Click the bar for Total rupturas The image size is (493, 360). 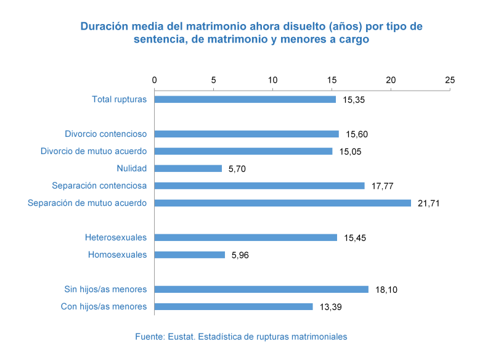point(245,99)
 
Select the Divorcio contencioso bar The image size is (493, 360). point(246,134)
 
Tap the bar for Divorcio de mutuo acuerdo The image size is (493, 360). point(243,151)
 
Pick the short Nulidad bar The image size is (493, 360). point(189,168)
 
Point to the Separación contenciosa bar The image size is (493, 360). point(259,186)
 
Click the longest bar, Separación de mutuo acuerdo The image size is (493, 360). point(283,203)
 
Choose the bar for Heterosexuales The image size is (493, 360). point(246,237)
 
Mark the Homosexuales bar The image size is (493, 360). point(190,255)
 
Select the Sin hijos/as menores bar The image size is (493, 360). point(261,289)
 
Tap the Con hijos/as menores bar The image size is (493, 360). point(234,306)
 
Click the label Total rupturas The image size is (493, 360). point(119,99)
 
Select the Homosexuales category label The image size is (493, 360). point(117,255)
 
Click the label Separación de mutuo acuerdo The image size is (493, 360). point(87,203)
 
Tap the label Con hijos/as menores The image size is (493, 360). point(104,306)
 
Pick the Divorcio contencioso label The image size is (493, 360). point(105,134)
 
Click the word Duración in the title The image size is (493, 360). point(102,27)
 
